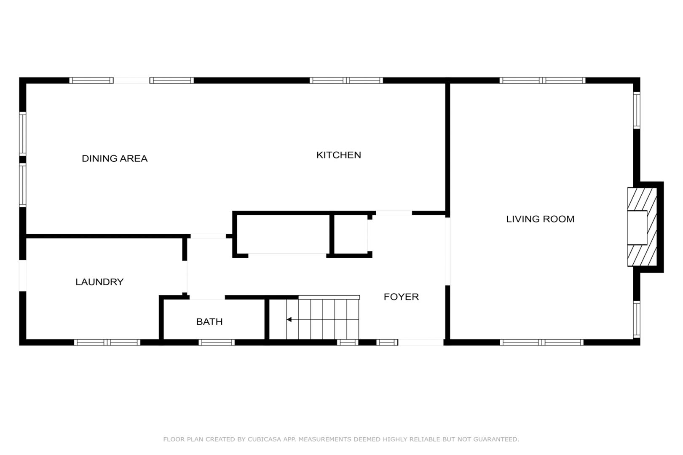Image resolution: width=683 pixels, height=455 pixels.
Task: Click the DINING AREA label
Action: (115, 158)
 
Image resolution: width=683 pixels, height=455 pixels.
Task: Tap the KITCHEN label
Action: (338, 155)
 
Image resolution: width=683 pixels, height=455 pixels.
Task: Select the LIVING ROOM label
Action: (540, 219)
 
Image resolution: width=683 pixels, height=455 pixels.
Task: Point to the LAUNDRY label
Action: (99, 282)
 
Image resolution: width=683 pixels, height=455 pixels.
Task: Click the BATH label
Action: (209, 322)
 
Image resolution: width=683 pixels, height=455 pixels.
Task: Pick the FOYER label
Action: (401, 297)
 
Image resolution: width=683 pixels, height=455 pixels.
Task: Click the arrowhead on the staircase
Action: (289, 320)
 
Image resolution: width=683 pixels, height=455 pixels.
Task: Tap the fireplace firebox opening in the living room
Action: (637, 227)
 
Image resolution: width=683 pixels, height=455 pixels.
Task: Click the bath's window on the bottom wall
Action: (217, 343)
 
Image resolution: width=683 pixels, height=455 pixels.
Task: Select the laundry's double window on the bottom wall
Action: (107, 343)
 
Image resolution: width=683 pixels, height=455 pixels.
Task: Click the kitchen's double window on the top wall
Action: (346, 80)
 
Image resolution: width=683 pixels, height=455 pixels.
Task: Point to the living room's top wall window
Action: (542, 80)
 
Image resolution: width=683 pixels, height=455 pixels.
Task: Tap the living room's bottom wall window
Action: (541, 343)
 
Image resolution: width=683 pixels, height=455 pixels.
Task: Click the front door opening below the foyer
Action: (421, 343)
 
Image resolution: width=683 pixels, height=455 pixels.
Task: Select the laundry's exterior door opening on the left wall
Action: (23, 276)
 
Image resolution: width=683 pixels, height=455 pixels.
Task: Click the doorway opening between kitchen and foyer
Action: (394, 213)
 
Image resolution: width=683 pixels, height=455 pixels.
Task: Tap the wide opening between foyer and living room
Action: (447, 251)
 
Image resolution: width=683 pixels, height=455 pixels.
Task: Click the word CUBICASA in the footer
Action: (265, 439)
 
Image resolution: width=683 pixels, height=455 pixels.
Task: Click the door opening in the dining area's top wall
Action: (131, 80)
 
